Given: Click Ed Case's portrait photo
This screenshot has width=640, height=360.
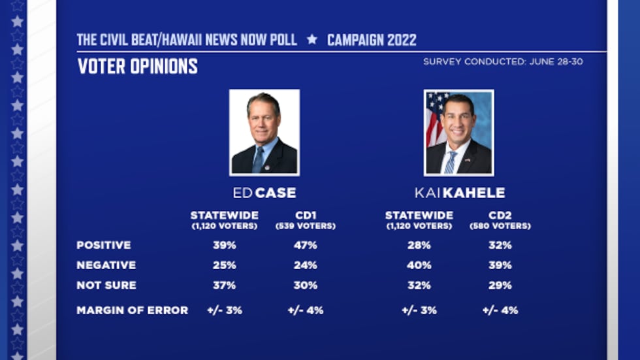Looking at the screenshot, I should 264,133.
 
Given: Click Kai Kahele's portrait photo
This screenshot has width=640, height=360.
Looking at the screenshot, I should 458,133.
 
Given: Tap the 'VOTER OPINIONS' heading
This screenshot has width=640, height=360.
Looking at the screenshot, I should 137,67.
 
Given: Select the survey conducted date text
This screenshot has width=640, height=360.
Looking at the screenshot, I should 503,61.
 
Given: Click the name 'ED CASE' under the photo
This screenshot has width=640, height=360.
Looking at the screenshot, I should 264,193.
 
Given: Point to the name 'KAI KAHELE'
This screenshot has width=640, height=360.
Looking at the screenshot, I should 459,193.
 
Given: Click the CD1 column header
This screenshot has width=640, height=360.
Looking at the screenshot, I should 306,215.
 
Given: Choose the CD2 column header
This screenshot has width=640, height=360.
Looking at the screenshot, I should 500,215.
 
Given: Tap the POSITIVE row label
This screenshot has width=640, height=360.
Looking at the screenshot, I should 103,245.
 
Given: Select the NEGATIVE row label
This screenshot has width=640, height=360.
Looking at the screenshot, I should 106,265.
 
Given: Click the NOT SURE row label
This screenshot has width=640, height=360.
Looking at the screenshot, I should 106,286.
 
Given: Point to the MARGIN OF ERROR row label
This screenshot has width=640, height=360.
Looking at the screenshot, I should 132,310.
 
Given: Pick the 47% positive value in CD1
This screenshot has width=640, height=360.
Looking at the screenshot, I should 306,245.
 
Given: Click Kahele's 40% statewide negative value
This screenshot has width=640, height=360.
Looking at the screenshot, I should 419,265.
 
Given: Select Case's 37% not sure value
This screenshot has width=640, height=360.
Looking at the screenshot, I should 224,286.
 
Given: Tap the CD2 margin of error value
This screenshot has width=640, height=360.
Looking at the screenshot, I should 500,310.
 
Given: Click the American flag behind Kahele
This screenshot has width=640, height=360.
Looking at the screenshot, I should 435,118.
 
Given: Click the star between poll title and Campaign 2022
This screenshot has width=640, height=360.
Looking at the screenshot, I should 312,39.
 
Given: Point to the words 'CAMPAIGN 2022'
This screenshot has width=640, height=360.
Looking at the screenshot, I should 372,40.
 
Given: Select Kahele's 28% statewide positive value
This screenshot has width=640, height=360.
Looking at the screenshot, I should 419,245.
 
